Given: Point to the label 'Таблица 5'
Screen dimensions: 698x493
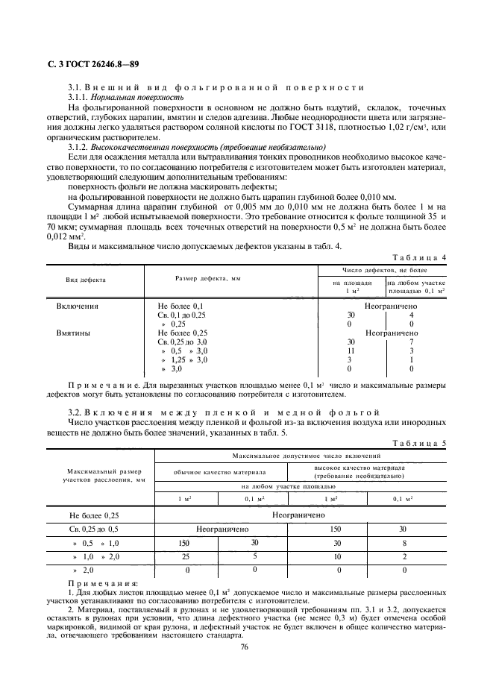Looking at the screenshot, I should tap(420, 443).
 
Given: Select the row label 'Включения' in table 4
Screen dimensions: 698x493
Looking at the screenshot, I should tap(78, 306).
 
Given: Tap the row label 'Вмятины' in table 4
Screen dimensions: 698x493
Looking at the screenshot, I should tap(74, 333).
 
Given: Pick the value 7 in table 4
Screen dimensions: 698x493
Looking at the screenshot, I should tap(412, 342).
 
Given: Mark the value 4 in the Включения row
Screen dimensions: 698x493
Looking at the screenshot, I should tap(412, 315).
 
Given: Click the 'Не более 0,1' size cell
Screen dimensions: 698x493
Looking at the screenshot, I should tap(180, 306).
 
